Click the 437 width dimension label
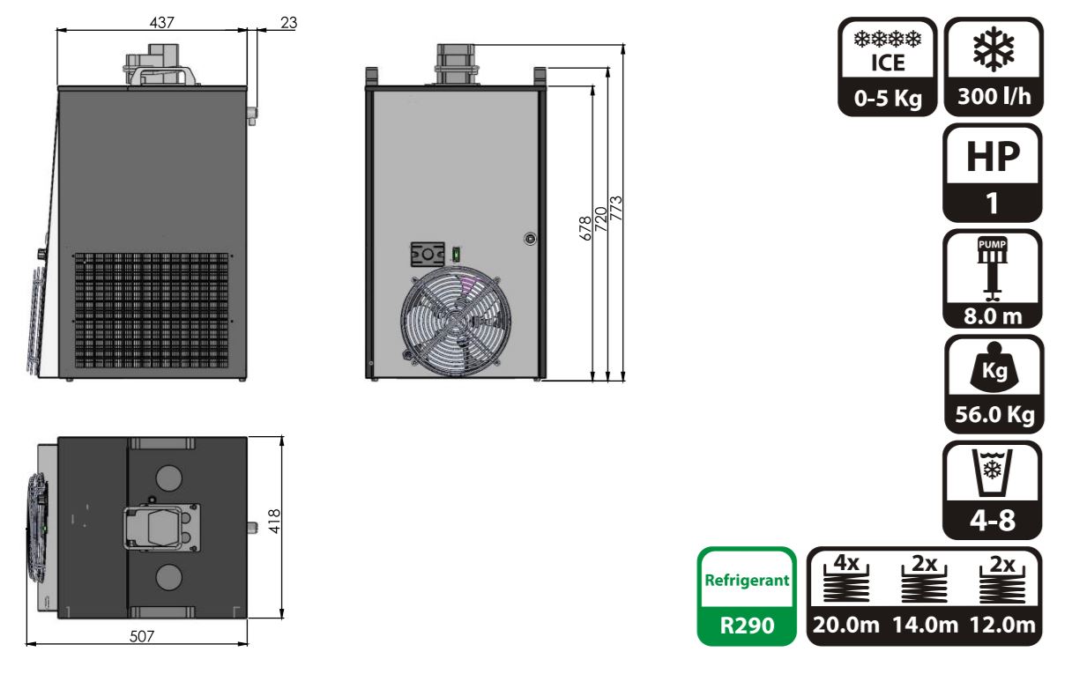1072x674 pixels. [161, 23]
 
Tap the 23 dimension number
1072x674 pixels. [288, 23]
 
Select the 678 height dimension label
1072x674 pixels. [585, 228]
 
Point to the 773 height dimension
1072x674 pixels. [616, 208]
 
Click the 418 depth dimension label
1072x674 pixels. [274, 522]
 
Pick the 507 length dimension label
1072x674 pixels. [142, 636]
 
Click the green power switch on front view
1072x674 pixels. [457, 254]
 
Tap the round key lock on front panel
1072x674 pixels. [530, 238]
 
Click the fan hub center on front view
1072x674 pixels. [455, 321]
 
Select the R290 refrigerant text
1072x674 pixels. [747, 626]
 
